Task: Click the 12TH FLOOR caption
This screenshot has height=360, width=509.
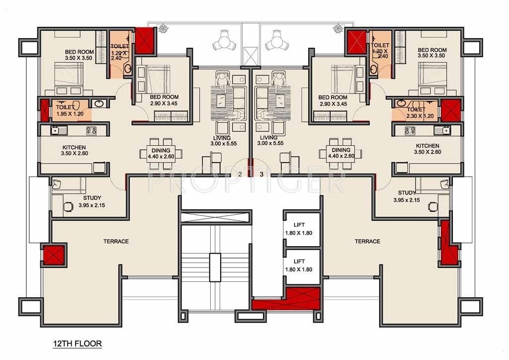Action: coord(77,344)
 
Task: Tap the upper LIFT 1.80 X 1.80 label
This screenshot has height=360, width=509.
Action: coord(299,229)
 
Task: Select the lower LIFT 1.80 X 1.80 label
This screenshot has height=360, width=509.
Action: coord(299,265)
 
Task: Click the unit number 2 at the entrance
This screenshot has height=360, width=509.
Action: coord(240,174)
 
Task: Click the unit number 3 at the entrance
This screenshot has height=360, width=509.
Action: coord(261,174)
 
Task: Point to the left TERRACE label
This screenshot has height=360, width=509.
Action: coord(116,242)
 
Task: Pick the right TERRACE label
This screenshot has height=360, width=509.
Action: coord(367,242)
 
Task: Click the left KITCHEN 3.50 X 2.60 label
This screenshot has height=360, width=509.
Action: coord(75,151)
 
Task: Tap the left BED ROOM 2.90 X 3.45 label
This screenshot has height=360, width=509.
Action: coord(164,100)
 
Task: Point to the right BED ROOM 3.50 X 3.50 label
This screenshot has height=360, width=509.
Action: coord(431,53)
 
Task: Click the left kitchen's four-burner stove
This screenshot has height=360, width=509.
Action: coord(91,131)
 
